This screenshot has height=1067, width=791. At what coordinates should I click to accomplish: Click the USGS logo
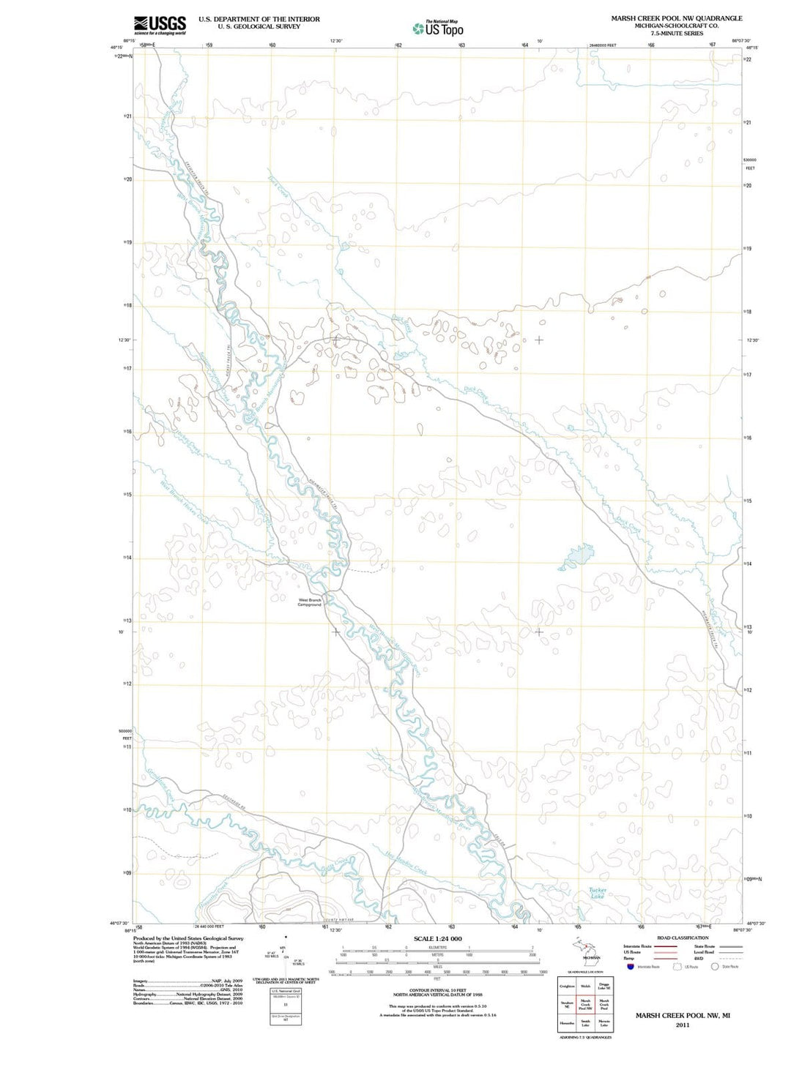coord(160,25)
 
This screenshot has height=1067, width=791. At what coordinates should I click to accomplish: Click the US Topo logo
coord(438,29)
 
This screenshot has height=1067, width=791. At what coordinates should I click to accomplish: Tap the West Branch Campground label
coord(310,602)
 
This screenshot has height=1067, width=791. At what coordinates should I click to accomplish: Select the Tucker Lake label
coord(598,893)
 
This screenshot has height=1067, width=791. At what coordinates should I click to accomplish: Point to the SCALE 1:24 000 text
coord(437,938)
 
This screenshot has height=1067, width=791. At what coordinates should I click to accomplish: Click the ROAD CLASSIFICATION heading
coord(683,937)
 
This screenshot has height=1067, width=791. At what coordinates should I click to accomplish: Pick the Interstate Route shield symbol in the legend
coord(630,966)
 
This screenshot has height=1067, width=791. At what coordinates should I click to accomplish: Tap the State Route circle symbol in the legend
coord(715,966)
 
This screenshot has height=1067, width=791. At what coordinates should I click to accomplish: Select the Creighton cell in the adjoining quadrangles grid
coord(567,986)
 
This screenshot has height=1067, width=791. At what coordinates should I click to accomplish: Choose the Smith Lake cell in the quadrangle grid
coord(585,1022)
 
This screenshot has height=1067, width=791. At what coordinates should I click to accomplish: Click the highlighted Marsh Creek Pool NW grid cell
coord(585,1004)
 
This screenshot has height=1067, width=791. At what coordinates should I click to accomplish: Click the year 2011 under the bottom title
coord(683,1025)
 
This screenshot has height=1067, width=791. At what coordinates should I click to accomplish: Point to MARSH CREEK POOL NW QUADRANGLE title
coord(676,18)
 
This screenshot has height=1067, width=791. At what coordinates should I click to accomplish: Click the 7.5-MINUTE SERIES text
coord(676,33)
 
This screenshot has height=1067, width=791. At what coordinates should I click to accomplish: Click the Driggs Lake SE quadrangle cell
coord(604,986)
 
